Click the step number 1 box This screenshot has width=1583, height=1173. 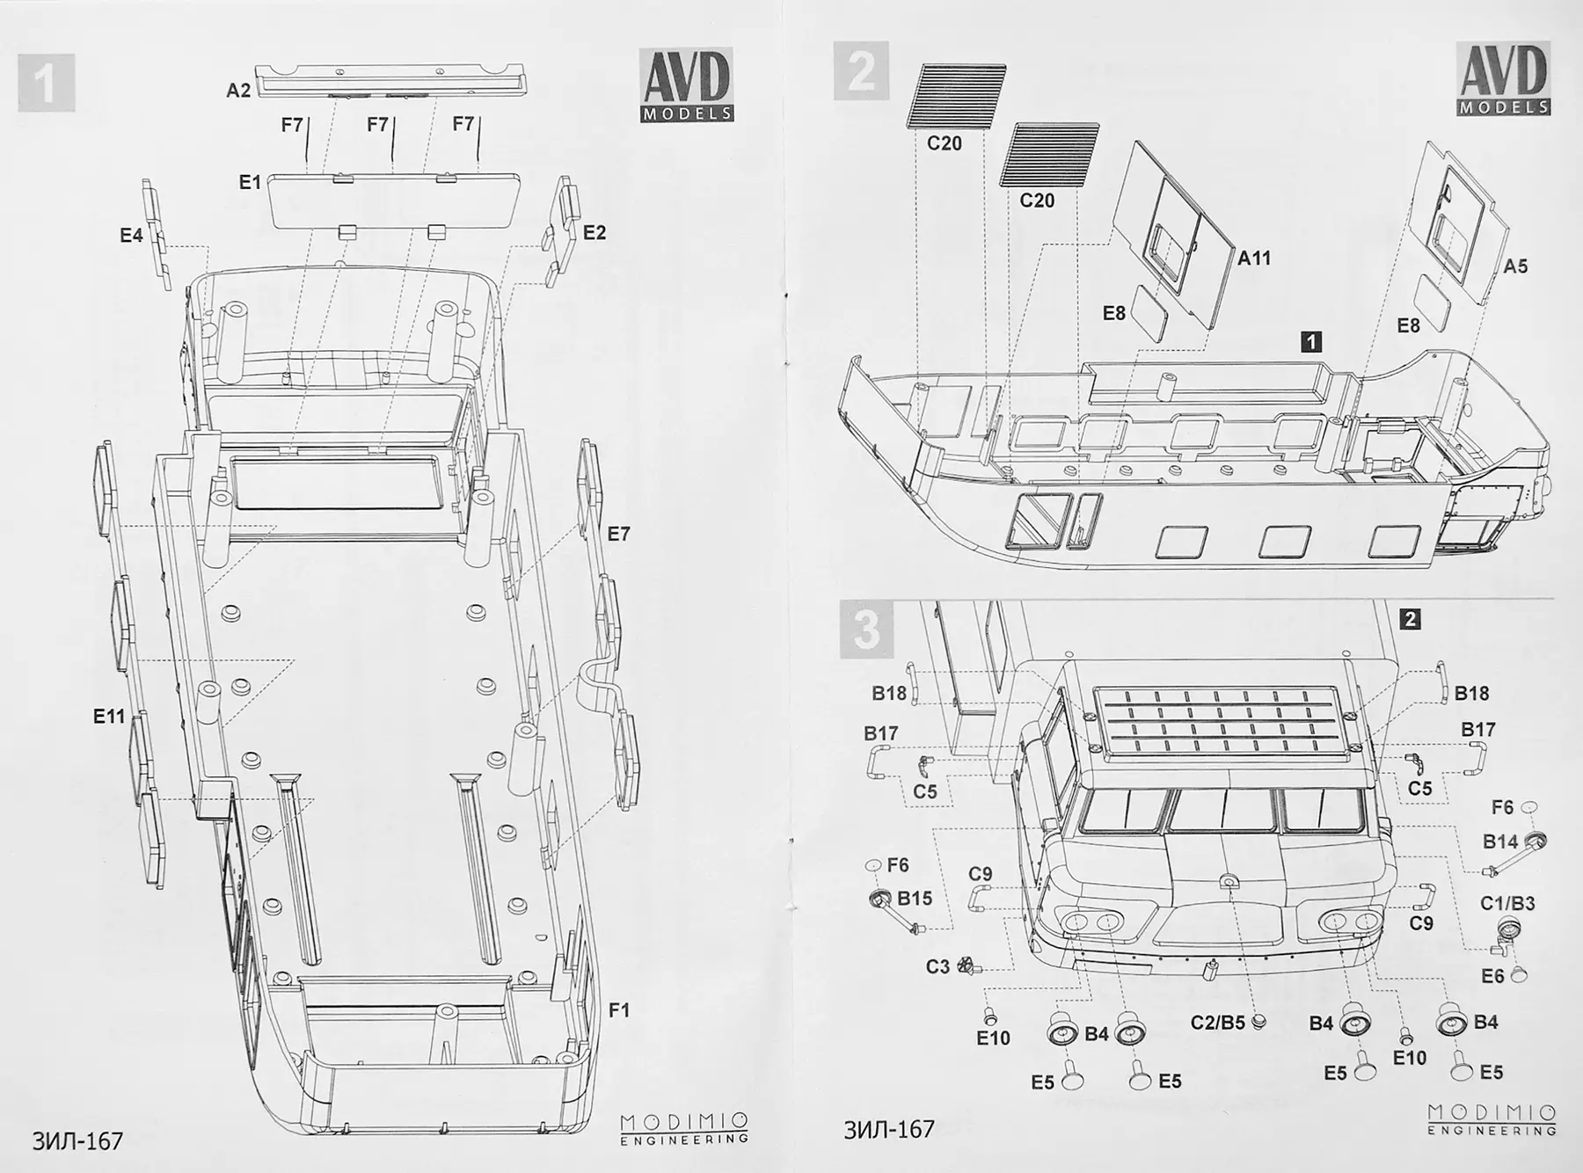click(x=46, y=83)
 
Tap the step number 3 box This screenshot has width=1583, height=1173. click(x=867, y=630)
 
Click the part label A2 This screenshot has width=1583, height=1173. click(x=238, y=90)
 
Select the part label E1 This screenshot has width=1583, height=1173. click(x=250, y=182)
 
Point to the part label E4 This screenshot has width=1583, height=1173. click(x=131, y=236)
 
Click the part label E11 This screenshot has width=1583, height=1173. click(x=109, y=717)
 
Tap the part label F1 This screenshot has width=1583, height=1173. click(x=619, y=1010)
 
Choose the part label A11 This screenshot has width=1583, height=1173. click(x=1254, y=259)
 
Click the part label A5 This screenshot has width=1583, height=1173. click(x=1515, y=266)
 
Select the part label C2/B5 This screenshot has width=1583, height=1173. click(x=1217, y=1022)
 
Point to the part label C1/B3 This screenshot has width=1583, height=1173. click(x=1507, y=903)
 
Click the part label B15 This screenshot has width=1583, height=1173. click(x=915, y=898)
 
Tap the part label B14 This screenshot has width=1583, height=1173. click(x=1500, y=841)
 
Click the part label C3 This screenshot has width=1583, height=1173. click(x=937, y=966)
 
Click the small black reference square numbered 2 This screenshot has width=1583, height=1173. click(x=1410, y=620)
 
